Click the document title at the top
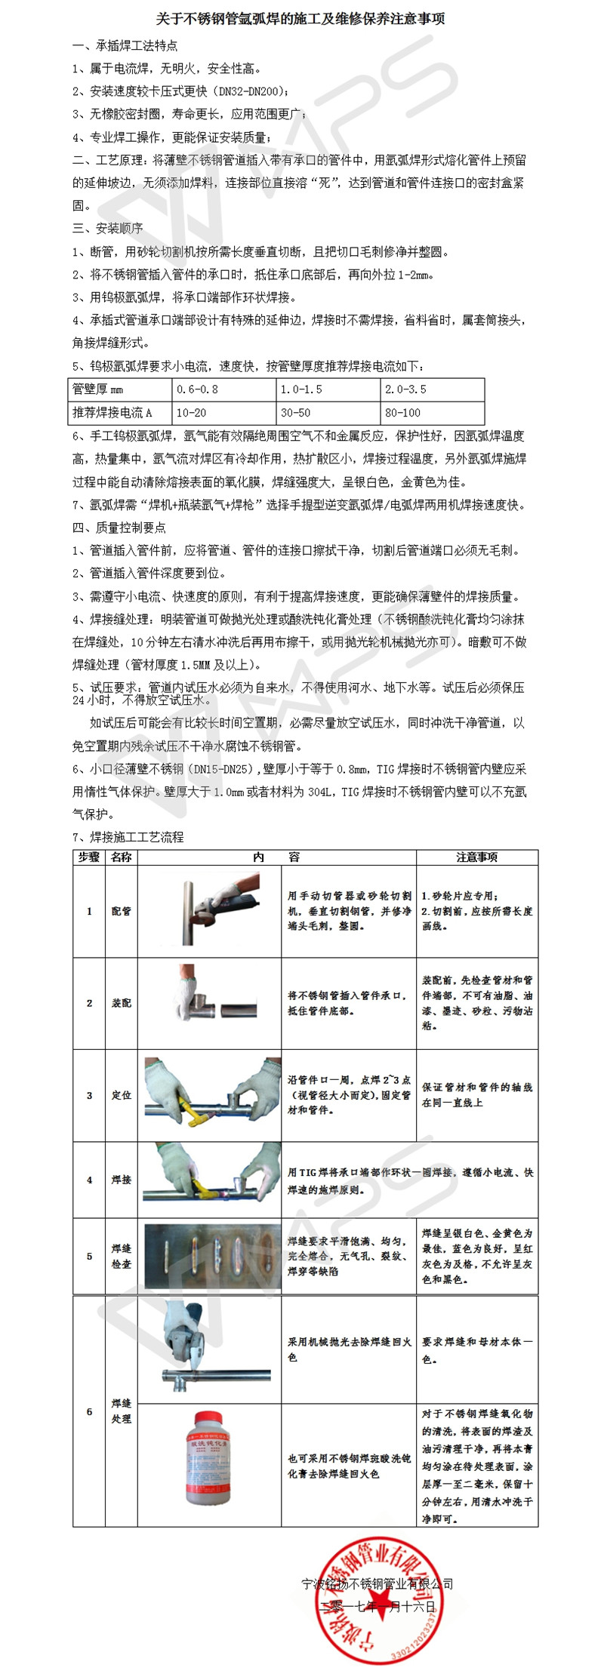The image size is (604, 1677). (x=300, y=18)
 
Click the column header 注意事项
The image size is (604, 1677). (x=476, y=857)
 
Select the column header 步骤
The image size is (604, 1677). (x=89, y=857)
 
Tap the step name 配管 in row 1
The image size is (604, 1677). (x=121, y=911)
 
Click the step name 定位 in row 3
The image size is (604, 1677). (x=121, y=1095)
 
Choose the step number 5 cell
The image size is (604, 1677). (x=89, y=1256)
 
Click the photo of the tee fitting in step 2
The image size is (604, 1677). (x=209, y=1002)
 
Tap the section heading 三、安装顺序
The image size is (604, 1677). (x=107, y=229)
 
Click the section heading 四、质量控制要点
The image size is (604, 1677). (x=119, y=528)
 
